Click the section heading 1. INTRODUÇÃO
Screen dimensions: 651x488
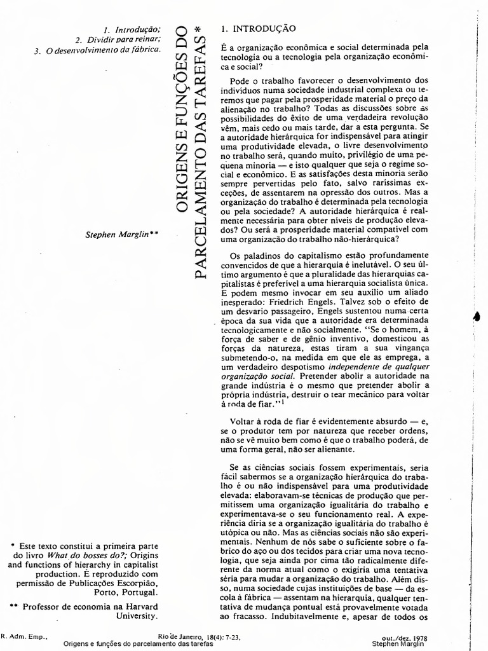click(257, 29)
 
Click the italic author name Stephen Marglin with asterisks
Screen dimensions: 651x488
click(121, 234)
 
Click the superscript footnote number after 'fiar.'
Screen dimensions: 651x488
click(282, 401)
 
